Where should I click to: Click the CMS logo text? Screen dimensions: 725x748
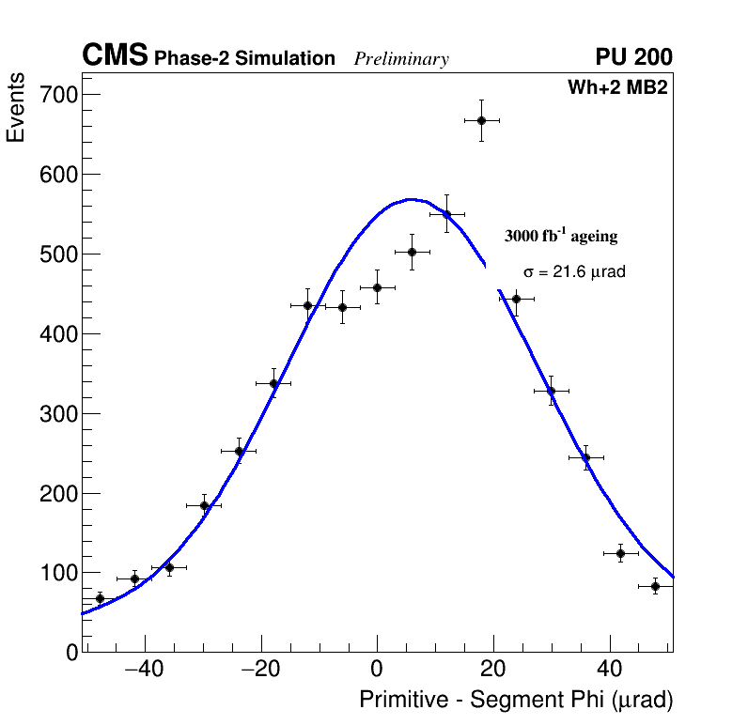(x=115, y=57)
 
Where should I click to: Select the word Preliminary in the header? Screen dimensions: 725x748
(x=401, y=59)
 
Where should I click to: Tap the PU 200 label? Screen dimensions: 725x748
(x=633, y=57)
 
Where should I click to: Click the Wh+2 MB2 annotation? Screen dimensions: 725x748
(x=616, y=88)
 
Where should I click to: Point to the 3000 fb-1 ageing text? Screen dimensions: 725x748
(x=561, y=236)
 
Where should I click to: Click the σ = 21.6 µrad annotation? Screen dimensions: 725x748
(x=574, y=272)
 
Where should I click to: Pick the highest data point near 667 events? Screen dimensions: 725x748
(x=481, y=120)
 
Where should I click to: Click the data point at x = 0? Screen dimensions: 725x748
(x=377, y=287)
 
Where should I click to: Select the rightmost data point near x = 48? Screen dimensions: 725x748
(x=655, y=586)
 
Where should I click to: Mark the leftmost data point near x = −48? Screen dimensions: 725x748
(x=100, y=598)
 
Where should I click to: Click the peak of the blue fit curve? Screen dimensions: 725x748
(x=410, y=199)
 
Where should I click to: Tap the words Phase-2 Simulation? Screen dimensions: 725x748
(x=244, y=59)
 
